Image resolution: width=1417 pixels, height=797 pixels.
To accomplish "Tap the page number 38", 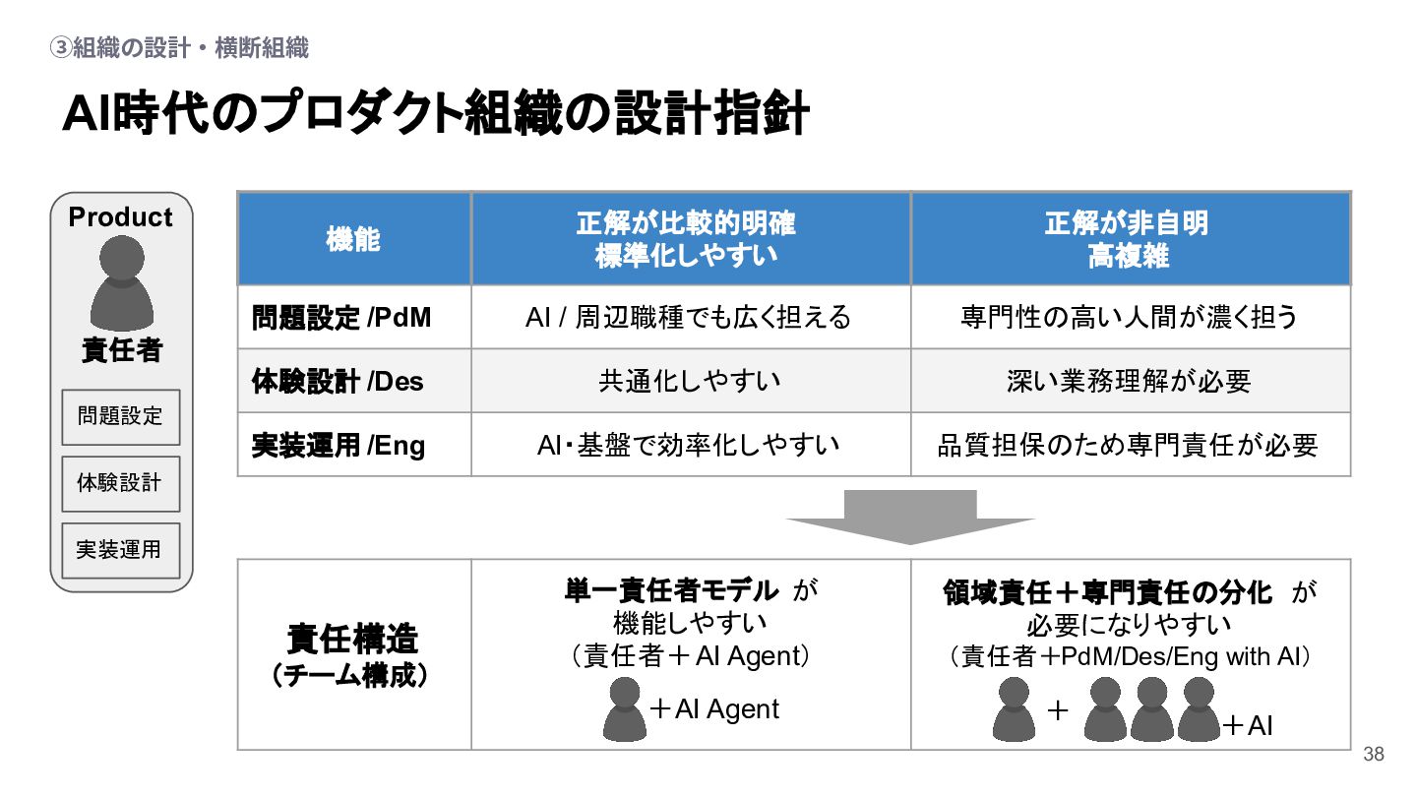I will (x=1373, y=755).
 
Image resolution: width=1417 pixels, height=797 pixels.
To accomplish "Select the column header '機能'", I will (x=353, y=239).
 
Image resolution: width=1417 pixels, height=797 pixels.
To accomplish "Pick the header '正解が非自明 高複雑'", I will (x=1128, y=239).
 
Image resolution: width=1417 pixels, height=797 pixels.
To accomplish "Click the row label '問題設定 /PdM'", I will (x=341, y=317).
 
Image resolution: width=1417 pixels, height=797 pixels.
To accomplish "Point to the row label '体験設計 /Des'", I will (x=338, y=381).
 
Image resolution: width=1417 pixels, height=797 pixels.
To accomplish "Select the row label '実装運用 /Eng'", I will (x=339, y=445).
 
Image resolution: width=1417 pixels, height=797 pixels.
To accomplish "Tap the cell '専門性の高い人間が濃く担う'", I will (x=1129, y=317).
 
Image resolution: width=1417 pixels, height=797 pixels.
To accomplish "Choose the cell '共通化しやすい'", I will (x=689, y=381).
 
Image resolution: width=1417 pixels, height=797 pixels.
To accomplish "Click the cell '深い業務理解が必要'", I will (x=1129, y=381).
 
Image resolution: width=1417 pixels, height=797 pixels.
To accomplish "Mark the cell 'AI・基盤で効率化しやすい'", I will (x=689, y=445).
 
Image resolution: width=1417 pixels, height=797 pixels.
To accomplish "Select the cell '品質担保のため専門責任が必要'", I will (x=1128, y=445).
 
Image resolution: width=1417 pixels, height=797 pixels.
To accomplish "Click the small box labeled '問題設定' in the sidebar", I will (x=120, y=416).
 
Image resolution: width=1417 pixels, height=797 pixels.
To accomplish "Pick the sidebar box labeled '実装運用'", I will (x=120, y=549).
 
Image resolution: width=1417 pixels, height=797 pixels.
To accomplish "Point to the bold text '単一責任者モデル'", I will (x=670, y=590).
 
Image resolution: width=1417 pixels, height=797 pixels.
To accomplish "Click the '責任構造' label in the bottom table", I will (x=352, y=640).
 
